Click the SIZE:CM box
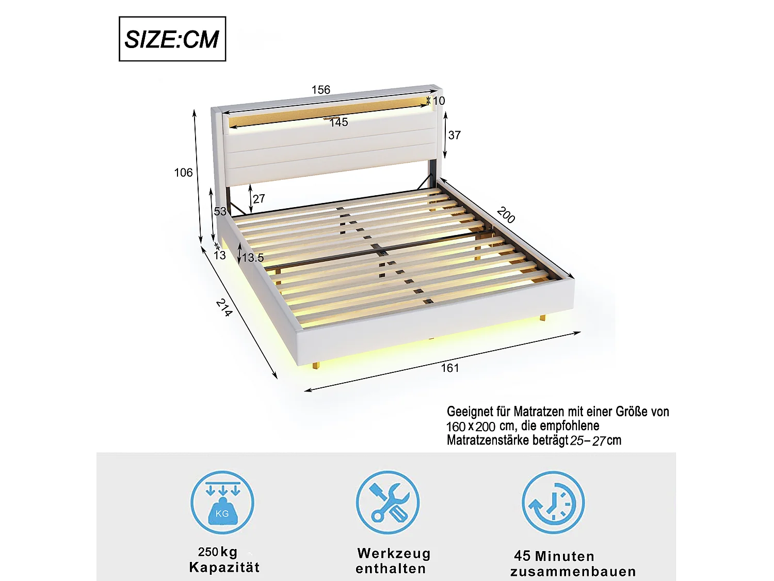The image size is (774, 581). tap(172, 39)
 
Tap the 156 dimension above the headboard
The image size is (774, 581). tap(321, 89)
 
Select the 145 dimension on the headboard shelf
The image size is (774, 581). tap(338, 122)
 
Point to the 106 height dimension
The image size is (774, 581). tap(183, 172)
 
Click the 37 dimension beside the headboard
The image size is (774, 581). tap(455, 135)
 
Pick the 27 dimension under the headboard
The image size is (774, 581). tap(259, 199)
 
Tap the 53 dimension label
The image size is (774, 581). tap(220, 211)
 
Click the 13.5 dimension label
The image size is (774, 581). tap(253, 258)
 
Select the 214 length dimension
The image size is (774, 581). tap(224, 308)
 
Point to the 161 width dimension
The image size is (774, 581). tap(449, 368)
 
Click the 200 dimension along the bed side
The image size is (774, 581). tap(506, 215)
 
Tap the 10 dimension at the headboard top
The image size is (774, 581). tap(439, 101)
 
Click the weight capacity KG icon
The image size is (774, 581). tap(222, 503)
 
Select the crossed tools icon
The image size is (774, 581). tap(388, 503)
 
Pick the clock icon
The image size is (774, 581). tap(553, 503)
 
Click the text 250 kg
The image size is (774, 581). tap(218, 552)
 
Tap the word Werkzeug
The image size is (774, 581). tap(394, 554)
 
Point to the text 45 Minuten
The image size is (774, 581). tap(554, 556)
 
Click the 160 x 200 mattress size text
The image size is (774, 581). tap(471, 427)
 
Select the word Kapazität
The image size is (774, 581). tap(224, 567)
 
